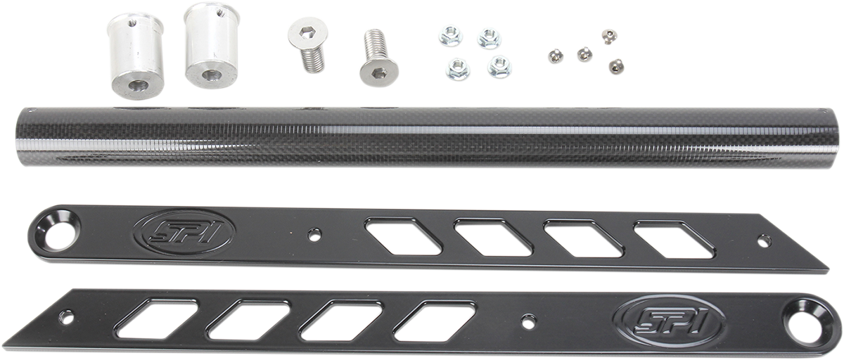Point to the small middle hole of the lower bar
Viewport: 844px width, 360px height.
click(527, 321)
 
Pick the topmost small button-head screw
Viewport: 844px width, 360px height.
click(609, 34)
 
